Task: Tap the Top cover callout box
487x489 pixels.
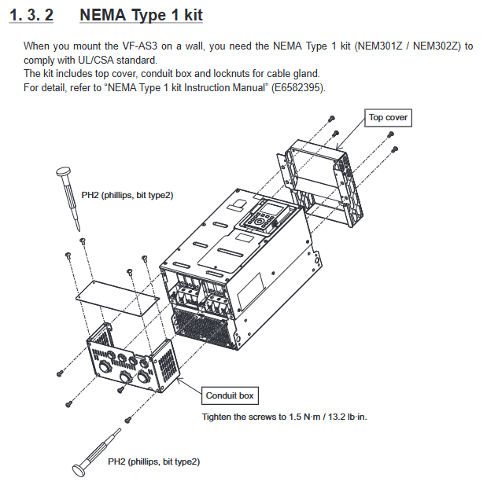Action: coord(389,118)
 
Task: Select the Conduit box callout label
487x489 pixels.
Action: coord(230,395)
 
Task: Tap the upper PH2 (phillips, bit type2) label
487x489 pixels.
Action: coord(127,194)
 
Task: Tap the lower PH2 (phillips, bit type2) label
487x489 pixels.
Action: coord(153,461)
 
